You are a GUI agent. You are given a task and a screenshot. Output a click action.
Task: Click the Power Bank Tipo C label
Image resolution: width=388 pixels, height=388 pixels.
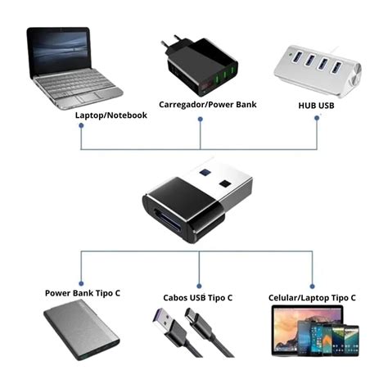click(83, 292)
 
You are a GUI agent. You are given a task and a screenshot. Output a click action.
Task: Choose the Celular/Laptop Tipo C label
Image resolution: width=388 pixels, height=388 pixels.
click(312, 297)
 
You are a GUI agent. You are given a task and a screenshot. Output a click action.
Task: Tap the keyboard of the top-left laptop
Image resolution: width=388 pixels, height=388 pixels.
click(78, 83)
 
